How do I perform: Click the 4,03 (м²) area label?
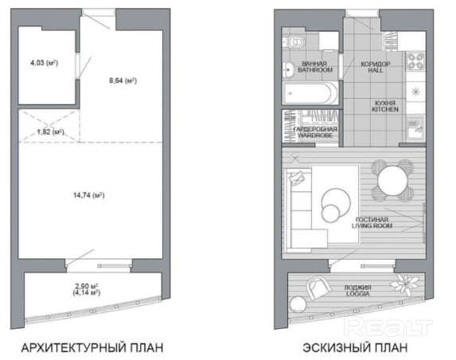click(45, 63)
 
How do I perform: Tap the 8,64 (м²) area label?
click(123, 80)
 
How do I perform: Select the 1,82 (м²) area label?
click(51, 132)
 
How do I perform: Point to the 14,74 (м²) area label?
click(88, 195)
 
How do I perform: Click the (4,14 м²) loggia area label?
click(87, 292)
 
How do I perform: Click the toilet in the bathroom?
click(294, 42)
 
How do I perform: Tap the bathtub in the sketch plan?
click(310, 93)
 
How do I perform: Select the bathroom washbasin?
click(289, 69)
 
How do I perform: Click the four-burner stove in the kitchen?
click(415, 61)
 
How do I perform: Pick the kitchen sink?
click(415, 127)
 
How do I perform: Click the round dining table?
click(392, 181)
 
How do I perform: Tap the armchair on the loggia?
click(318, 288)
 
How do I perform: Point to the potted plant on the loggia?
click(405, 284)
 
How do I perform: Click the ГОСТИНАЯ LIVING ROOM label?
click(372, 223)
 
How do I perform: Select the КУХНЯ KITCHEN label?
click(385, 106)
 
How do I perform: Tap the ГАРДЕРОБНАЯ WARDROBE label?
click(315, 132)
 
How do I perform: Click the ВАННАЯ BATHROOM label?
click(315, 67)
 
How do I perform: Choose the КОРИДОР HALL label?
click(376, 67)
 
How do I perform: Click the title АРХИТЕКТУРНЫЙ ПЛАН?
click(92, 348)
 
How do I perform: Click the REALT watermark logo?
click(388, 327)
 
